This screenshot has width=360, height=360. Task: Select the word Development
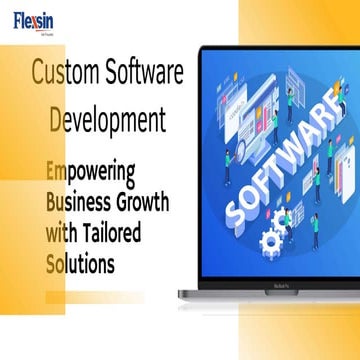coord(108,121)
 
